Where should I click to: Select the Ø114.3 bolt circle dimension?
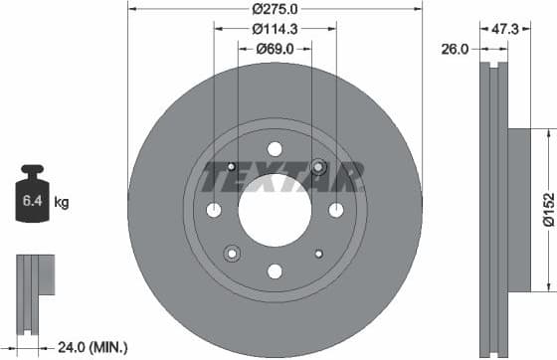point(276,29)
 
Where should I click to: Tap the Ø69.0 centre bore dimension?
point(276,48)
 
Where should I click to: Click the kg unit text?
point(62,204)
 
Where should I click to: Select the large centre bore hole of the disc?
point(276,211)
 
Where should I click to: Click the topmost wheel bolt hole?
point(276,149)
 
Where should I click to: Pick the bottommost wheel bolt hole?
point(276,271)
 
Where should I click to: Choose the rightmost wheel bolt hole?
point(336,210)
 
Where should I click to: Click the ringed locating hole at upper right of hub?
point(319,166)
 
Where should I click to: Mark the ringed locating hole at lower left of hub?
point(232,253)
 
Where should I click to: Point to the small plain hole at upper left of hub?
point(232,166)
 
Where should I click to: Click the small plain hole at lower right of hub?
point(319,254)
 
